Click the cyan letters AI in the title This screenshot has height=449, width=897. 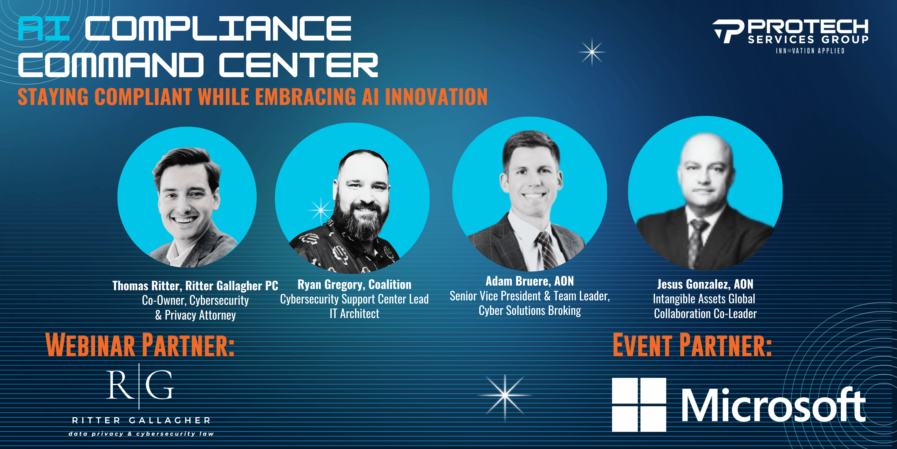[44, 29]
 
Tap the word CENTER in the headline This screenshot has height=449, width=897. [298, 65]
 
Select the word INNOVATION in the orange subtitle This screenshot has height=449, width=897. [436, 97]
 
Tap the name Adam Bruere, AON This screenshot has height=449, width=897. [530, 281]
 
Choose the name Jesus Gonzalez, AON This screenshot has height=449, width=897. [705, 284]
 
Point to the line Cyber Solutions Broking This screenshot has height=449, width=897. [530, 311]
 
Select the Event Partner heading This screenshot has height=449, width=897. [692, 345]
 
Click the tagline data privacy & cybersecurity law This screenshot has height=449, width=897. [141, 434]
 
